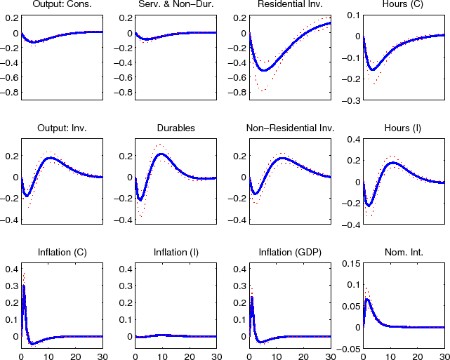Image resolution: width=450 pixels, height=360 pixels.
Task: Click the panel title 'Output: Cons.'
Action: [x=62, y=6]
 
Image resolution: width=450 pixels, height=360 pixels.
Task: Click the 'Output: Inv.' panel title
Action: [x=62, y=128]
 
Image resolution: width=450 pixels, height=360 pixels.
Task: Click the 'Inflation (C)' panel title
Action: [x=62, y=253]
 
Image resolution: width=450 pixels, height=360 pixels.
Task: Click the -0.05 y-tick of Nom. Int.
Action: [x=347, y=349]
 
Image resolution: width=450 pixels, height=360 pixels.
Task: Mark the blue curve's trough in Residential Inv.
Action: [x=264, y=70]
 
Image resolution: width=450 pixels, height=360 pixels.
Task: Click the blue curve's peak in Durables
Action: [x=161, y=154]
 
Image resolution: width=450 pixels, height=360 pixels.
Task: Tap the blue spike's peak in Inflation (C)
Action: [x=24, y=286]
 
